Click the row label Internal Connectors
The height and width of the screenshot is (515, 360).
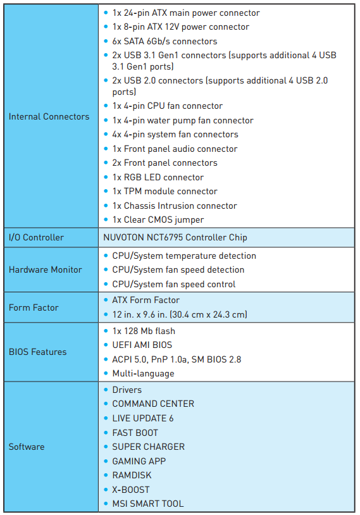click(x=49, y=116)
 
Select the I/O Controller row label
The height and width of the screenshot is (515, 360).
click(x=36, y=237)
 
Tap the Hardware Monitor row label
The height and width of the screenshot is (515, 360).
click(x=46, y=270)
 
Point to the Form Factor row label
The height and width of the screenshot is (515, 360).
click(x=34, y=307)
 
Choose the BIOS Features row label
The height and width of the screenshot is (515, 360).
click(x=37, y=352)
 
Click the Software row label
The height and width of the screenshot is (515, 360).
click(x=27, y=447)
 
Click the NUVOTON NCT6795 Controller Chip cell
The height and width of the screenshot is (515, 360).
click(x=175, y=237)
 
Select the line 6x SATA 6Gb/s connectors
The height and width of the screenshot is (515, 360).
click(x=164, y=41)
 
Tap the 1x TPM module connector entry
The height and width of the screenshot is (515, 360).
click(x=164, y=191)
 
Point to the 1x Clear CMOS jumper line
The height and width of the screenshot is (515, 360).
click(x=158, y=220)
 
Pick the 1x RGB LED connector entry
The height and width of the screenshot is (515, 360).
click(x=158, y=177)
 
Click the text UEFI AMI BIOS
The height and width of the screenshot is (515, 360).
click(x=142, y=345)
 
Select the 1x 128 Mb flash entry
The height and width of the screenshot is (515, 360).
click(x=144, y=331)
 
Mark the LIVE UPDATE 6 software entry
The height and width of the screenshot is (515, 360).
click(x=143, y=418)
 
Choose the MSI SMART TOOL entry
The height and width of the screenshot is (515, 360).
click(x=148, y=504)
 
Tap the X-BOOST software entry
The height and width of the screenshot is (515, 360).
click(x=131, y=490)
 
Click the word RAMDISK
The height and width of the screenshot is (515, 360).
click(x=132, y=475)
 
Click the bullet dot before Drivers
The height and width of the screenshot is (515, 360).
click(x=106, y=390)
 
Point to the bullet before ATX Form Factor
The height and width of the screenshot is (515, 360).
click(x=106, y=300)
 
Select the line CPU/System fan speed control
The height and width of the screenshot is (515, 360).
click(x=174, y=284)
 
